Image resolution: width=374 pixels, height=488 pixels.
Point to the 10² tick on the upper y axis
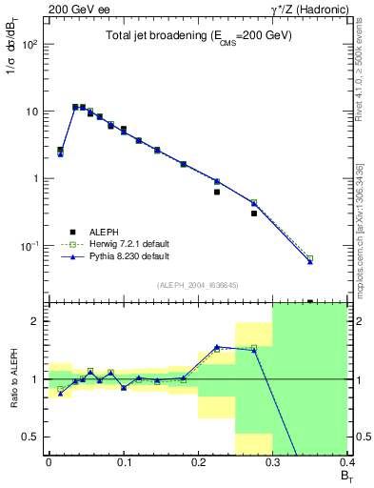point(30,45)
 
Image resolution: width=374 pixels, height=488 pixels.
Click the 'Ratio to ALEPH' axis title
point(11,379)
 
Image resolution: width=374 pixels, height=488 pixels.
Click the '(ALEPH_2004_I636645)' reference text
point(198,283)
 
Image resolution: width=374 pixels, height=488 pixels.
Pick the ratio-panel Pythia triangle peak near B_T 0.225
point(217,347)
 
